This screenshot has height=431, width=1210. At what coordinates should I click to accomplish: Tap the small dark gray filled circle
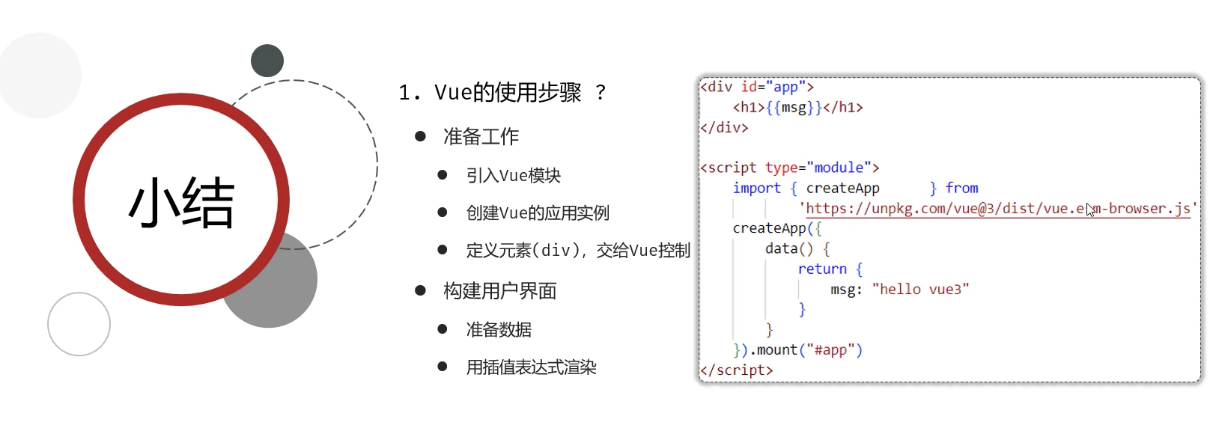tap(267, 61)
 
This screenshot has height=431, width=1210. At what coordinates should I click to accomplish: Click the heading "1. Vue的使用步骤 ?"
tap(502, 93)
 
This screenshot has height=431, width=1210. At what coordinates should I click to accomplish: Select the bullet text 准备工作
tap(481, 137)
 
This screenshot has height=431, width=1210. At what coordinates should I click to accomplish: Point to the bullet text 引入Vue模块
tap(513, 176)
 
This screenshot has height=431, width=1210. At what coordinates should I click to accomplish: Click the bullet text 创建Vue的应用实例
tap(538, 213)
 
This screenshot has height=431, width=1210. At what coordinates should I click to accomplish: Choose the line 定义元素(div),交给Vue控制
tap(577, 251)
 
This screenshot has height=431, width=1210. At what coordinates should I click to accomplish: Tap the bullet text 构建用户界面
tap(499, 291)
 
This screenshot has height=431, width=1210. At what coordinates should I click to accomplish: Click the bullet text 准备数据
tap(499, 330)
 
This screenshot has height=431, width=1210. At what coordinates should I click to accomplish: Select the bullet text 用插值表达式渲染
tap(531, 367)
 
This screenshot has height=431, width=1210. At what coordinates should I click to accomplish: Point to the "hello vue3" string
tap(920, 290)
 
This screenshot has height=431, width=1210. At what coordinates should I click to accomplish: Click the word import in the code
tap(756, 189)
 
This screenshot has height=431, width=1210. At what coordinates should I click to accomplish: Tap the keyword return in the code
tap(822, 269)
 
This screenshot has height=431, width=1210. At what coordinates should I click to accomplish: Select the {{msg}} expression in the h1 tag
tap(794, 108)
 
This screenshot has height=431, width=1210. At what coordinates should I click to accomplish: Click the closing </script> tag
tap(736, 370)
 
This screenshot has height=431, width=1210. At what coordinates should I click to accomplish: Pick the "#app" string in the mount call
tap(830, 350)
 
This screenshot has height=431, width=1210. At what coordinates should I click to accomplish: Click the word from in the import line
tap(961, 189)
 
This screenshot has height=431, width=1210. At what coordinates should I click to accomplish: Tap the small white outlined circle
tap(79, 324)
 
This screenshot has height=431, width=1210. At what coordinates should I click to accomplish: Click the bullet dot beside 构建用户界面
tap(420, 290)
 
